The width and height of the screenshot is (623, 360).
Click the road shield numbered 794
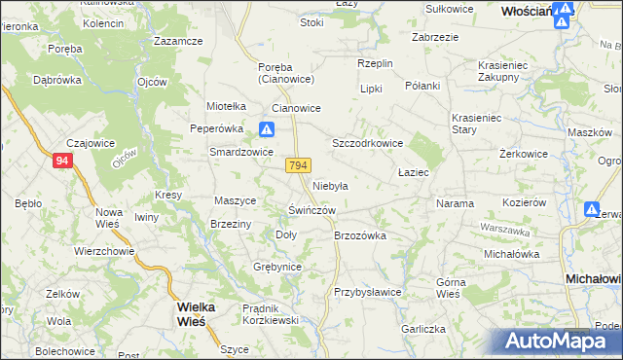[x=299, y=166]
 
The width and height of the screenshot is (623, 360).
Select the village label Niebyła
[x=331, y=185]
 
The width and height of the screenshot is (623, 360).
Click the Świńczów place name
[x=312, y=210]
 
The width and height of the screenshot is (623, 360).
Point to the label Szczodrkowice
[x=368, y=142]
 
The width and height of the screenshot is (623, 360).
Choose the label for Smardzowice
[x=241, y=152]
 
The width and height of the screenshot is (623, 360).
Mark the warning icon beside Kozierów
[x=591, y=209]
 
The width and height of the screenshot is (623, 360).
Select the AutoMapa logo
[x=554, y=341]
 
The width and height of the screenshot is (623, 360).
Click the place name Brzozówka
[x=360, y=235]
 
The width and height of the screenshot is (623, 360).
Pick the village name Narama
[x=455, y=204]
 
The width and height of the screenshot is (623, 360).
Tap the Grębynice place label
[x=277, y=267]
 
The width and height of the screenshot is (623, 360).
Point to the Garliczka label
[x=421, y=330]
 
